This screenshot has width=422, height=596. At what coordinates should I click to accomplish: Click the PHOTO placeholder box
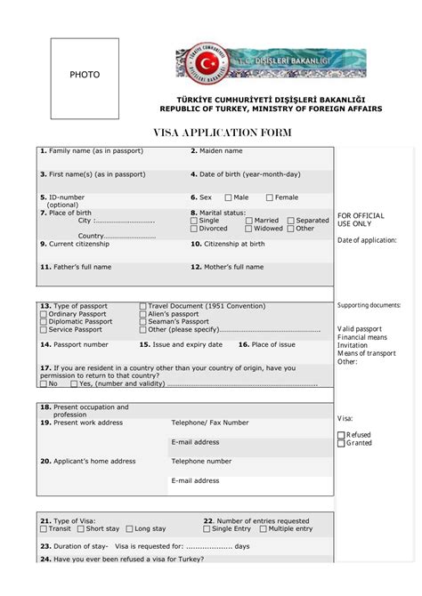[x=85, y=78]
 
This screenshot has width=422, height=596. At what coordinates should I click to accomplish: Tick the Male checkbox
[x=228, y=197]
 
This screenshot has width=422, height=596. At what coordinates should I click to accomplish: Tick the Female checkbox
[x=270, y=197]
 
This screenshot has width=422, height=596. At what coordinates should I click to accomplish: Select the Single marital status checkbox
[x=194, y=221]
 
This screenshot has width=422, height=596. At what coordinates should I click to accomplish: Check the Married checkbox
[x=249, y=221]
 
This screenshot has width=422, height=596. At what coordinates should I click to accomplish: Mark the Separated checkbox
[x=289, y=221]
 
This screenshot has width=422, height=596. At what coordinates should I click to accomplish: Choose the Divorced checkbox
[x=194, y=229]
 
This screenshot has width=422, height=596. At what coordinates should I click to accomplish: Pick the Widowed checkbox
[x=249, y=229]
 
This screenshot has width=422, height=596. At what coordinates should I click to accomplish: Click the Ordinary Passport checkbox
[x=44, y=314]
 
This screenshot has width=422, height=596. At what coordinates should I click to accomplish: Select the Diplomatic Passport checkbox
[x=44, y=322]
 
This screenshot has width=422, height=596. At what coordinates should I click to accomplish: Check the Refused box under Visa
[x=341, y=435]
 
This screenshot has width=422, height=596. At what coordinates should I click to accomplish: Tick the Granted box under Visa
[x=341, y=443]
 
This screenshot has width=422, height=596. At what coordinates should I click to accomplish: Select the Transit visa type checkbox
[x=44, y=529]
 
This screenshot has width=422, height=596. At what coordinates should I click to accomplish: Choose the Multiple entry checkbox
[x=262, y=529]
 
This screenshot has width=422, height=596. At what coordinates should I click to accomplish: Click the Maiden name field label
[x=217, y=151]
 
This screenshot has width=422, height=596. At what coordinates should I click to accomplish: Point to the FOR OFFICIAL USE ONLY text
[x=361, y=220]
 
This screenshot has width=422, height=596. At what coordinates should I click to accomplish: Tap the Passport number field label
[x=74, y=344]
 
